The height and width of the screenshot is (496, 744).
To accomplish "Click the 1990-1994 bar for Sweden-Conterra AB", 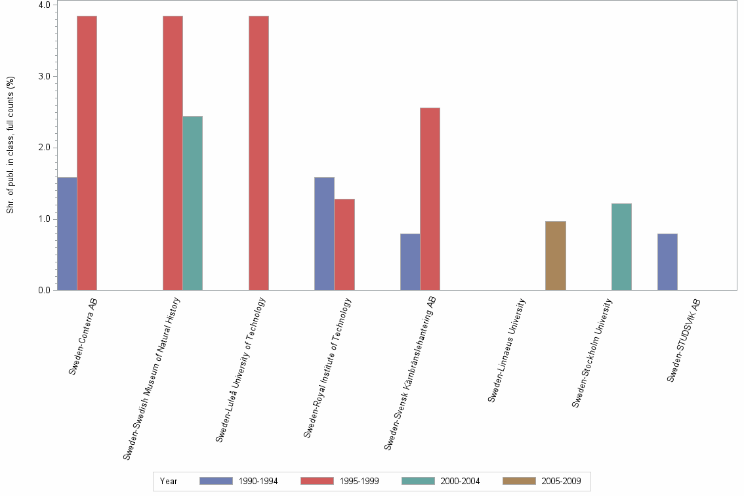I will [x=67, y=234].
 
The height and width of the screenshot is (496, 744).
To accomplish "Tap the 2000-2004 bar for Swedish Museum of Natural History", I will [x=192, y=203].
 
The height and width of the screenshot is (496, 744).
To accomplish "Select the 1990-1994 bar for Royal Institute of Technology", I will [x=324, y=234].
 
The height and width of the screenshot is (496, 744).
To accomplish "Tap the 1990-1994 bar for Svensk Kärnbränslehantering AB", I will [x=410, y=262].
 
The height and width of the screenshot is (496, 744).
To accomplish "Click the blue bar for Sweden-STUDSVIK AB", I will [x=667, y=262].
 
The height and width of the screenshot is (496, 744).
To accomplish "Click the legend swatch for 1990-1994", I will [x=216, y=481].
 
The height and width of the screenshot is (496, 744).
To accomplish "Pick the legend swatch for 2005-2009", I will [x=519, y=481].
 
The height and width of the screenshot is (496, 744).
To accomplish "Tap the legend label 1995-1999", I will [x=359, y=481].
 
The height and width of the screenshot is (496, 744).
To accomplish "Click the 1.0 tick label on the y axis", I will [x=45, y=218].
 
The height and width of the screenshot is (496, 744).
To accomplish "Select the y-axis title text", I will [x=10, y=145].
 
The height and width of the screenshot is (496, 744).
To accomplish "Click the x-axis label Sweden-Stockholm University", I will [x=592, y=353].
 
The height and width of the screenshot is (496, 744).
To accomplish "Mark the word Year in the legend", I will [x=168, y=481].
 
